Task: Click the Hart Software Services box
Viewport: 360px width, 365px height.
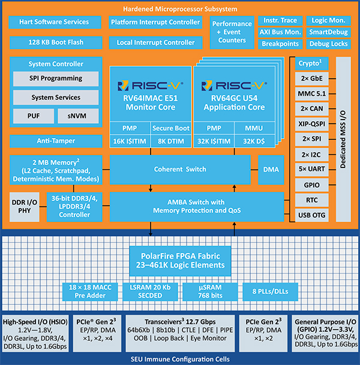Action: pos(55,22)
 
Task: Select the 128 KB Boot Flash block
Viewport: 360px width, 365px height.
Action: pos(55,43)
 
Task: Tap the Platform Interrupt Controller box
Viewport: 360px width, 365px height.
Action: pos(155,22)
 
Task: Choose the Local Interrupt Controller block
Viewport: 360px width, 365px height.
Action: pos(155,43)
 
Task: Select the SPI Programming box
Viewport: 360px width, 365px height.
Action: pos(55,79)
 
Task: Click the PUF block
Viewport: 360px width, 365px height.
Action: pos(31,115)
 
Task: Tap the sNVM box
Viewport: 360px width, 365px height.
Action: pos(78,115)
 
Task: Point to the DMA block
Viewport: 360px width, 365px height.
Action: pos(271,169)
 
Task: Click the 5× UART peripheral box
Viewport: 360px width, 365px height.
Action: pos(311,169)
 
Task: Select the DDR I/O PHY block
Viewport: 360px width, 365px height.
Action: pos(25,206)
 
